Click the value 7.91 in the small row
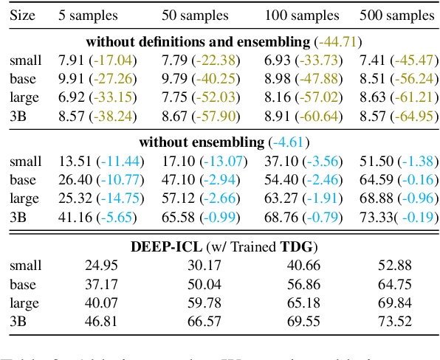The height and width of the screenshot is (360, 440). pyautogui.click(x=72, y=60)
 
